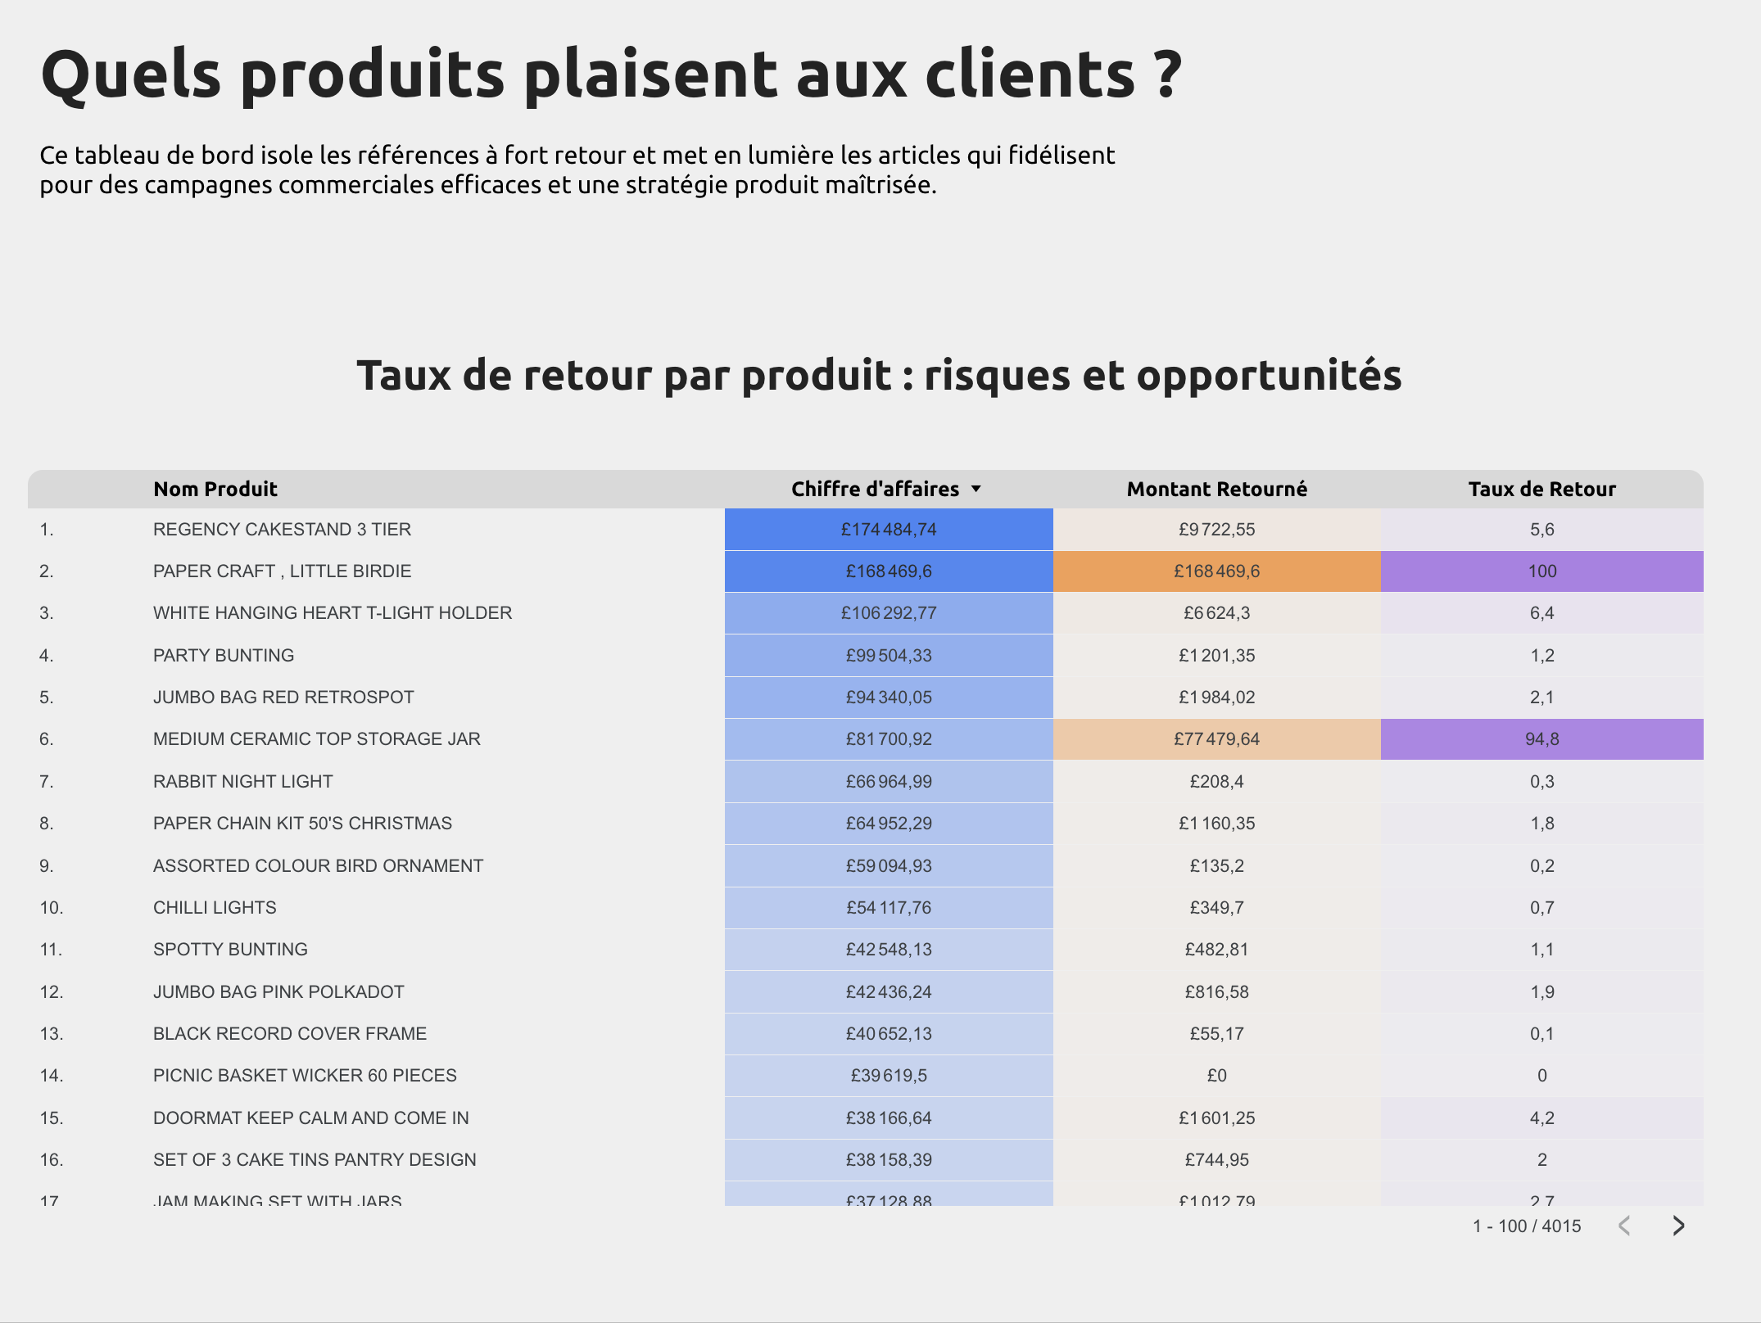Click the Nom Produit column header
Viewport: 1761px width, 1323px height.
[215, 489]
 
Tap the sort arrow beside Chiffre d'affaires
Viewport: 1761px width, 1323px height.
[976, 489]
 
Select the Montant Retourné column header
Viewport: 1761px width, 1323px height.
[1216, 489]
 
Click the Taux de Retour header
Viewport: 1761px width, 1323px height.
[1541, 489]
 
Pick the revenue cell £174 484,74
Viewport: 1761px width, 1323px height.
[889, 530]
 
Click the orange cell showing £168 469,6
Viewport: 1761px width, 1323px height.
[1216, 571]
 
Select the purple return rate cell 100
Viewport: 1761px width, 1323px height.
[1541, 571]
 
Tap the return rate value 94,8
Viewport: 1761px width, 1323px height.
[1541, 739]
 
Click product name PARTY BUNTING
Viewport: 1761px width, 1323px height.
[224, 656]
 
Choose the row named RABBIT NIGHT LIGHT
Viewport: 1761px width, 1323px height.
[242, 782]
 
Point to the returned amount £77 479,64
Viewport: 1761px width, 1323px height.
[1216, 739]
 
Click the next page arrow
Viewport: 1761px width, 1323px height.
[1678, 1226]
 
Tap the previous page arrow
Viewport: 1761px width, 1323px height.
[1625, 1226]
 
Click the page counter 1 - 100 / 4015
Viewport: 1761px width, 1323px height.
[1527, 1226]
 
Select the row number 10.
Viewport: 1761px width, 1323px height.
[52, 908]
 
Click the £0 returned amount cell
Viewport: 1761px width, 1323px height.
[1216, 1076]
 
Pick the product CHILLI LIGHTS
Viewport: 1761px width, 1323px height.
[215, 908]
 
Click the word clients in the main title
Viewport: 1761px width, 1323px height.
[1030, 75]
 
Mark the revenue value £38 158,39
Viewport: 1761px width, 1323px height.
[889, 1160]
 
